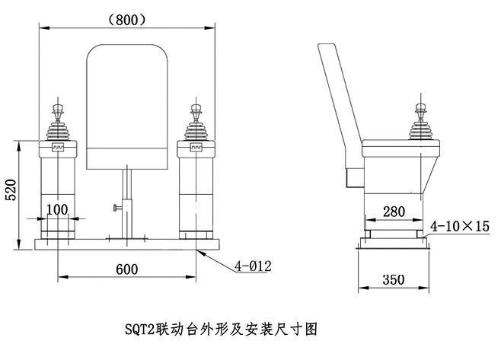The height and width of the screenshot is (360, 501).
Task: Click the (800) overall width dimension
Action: coord(126,21)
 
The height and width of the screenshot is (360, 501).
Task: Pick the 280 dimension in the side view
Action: coord(394,211)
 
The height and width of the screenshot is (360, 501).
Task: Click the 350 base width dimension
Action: coord(394,280)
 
